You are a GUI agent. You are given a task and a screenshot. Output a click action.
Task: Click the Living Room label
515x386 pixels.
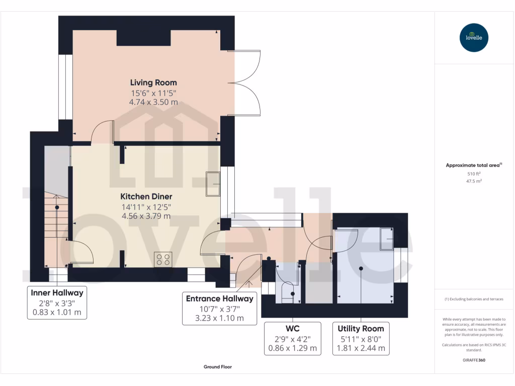(153, 83)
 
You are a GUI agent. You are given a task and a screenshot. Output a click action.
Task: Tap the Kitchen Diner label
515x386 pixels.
(146, 197)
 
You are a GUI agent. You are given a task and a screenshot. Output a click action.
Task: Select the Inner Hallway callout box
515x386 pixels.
(57, 303)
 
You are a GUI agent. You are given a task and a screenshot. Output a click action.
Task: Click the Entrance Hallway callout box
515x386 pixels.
(219, 309)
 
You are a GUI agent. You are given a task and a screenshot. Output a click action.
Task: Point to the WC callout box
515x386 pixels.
(293, 339)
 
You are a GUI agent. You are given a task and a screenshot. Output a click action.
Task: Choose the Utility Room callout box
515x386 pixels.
(361, 339)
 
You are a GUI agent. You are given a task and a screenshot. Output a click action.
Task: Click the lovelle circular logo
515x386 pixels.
(474, 37)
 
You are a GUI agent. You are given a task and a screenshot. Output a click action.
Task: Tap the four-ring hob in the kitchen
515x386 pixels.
(163, 259)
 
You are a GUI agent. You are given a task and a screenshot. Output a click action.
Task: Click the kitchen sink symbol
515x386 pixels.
(213, 184)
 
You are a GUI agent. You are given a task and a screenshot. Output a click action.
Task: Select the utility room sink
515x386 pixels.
(387, 239)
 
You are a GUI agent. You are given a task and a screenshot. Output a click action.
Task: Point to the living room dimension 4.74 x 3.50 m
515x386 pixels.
(153, 102)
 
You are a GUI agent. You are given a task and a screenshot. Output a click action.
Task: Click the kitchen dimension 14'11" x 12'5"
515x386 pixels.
(146, 207)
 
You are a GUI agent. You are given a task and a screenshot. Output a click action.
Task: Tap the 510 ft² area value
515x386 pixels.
(474, 173)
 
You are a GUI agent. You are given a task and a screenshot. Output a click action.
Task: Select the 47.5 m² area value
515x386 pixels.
(474, 181)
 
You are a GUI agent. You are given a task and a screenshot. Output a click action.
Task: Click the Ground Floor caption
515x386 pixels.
(218, 367)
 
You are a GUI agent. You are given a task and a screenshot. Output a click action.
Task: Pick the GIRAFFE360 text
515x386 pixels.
(474, 360)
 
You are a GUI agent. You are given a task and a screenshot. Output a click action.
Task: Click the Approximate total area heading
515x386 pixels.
(473, 165)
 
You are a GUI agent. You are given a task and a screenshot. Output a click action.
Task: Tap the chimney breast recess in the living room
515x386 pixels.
(143, 38)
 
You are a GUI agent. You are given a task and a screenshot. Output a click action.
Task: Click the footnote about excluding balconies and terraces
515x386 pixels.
(474, 299)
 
